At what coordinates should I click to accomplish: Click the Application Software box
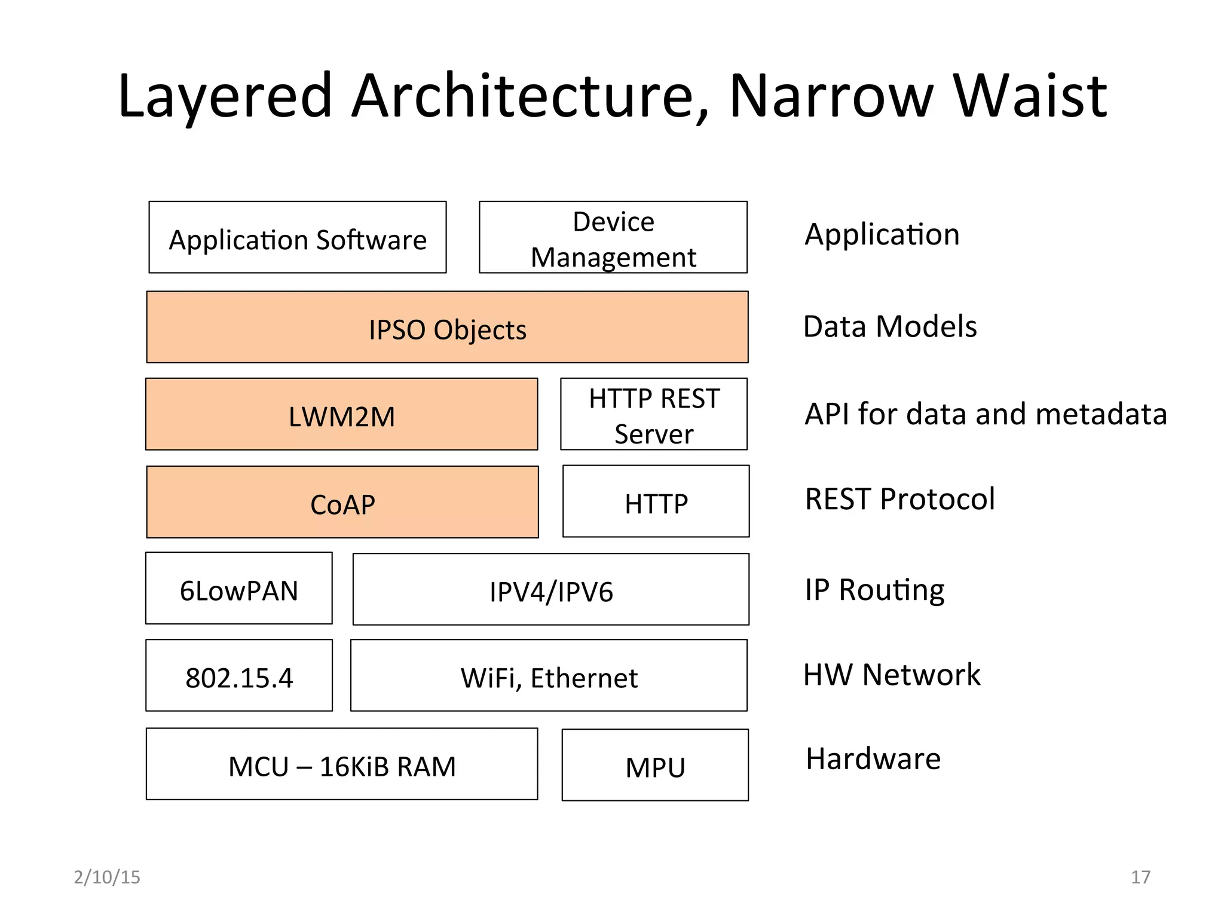[x=297, y=237]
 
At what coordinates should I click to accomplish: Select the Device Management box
[x=613, y=237]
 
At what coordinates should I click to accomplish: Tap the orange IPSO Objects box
[x=447, y=328]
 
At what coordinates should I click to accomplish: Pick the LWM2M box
[x=341, y=414]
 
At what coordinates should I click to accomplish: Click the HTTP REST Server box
[x=653, y=414]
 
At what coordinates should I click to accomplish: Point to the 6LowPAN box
[x=238, y=589]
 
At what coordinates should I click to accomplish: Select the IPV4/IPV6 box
[x=550, y=590]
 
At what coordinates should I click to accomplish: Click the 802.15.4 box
[x=238, y=676]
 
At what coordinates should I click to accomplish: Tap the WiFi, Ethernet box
[x=548, y=676]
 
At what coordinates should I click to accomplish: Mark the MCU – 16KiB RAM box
[x=341, y=764]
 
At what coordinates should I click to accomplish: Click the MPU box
[x=654, y=766]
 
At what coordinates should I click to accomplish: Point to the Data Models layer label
[x=889, y=327]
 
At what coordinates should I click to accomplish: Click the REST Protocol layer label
[x=899, y=499]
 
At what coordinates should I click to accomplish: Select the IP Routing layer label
[x=874, y=590]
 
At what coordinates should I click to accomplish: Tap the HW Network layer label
[x=891, y=675]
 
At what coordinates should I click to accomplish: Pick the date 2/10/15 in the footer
[x=107, y=877]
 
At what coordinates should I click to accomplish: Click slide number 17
[x=1140, y=877]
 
